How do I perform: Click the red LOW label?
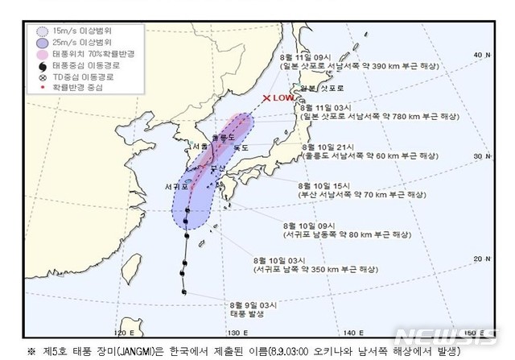click(284, 97)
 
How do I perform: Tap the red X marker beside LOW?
click(266, 97)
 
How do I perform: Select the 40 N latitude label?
click(478, 54)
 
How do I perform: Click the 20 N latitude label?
click(478, 258)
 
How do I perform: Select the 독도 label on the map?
click(241, 147)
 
